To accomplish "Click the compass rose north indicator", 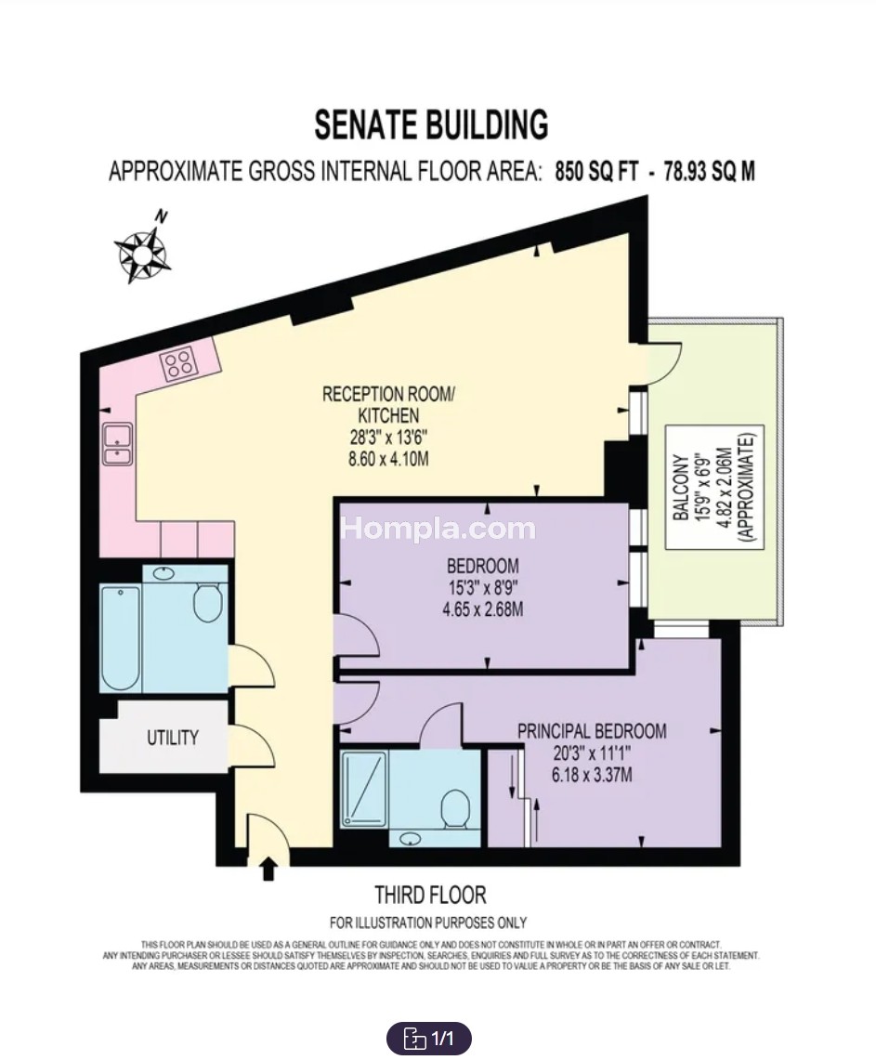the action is (x=143, y=253).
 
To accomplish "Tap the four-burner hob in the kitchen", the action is (x=179, y=363).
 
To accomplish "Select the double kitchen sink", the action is (x=117, y=444).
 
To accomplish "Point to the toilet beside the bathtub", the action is (x=207, y=601).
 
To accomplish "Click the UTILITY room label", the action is (x=173, y=737).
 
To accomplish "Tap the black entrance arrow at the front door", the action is (x=268, y=869).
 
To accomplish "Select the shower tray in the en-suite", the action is (x=364, y=789).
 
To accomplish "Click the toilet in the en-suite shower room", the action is (x=455, y=809).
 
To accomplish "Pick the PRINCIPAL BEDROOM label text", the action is (x=592, y=731).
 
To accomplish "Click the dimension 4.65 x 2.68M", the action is (x=483, y=609).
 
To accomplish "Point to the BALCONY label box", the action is (x=714, y=488).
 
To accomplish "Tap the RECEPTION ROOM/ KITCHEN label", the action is (x=388, y=404).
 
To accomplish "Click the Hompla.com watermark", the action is (x=438, y=528).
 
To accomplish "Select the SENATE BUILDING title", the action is (x=431, y=125).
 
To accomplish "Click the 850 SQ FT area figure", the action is (x=596, y=172).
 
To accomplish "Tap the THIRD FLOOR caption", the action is (x=430, y=895).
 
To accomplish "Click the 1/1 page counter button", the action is (x=428, y=1038).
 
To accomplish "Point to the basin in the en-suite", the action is (x=411, y=839).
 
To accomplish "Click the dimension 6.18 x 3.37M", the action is (x=592, y=775).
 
